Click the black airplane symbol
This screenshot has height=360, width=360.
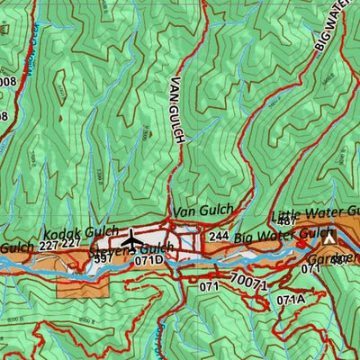click(x=131, y=241)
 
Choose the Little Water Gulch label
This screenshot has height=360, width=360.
click(x=315, y=213)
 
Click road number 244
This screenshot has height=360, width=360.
click(x=219, y=237)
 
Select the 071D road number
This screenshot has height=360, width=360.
click(x=149, y=260)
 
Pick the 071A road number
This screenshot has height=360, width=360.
click(x=291, y=300)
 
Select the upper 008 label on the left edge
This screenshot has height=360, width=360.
click(x=8, y=82)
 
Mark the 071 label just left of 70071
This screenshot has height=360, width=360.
click(x=211, y=286)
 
